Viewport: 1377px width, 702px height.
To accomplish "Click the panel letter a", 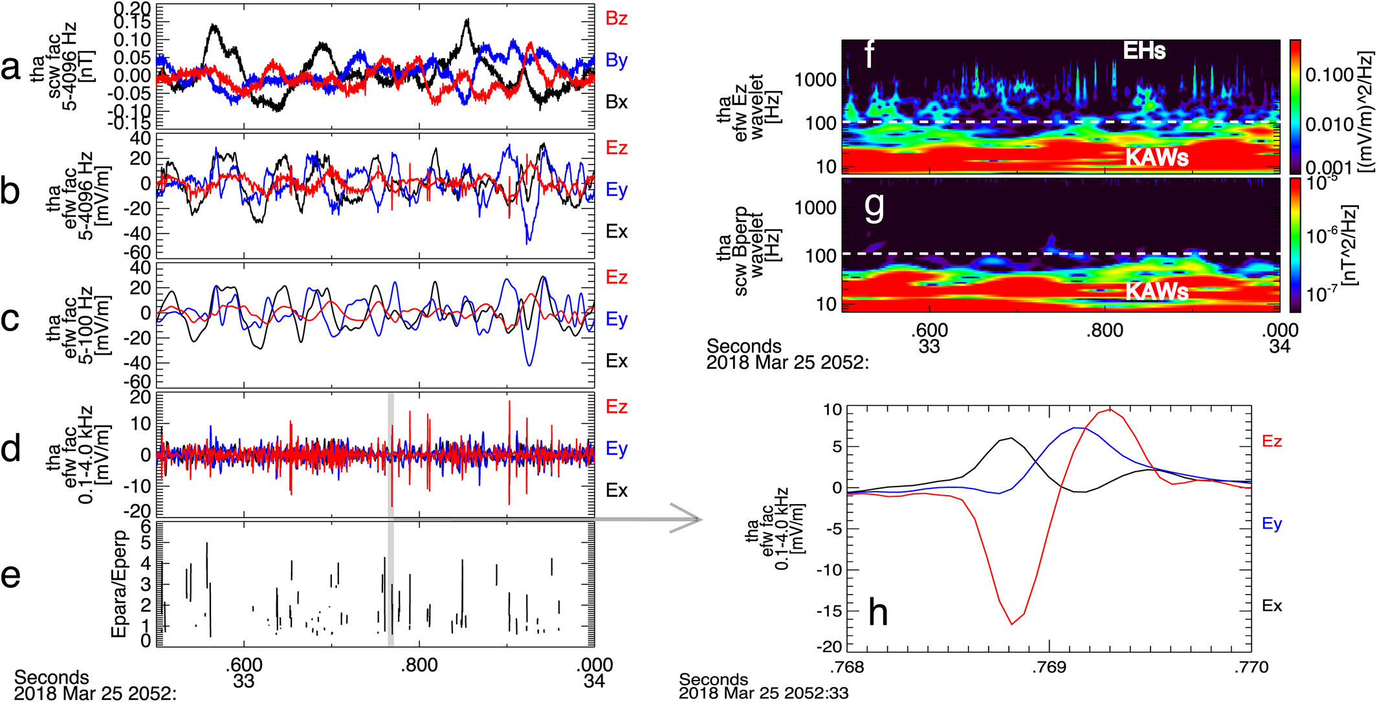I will click(x=11, y=68).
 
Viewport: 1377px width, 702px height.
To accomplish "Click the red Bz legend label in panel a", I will click(x=616, y=19).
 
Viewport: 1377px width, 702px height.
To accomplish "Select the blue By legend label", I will click(x=616, y=61).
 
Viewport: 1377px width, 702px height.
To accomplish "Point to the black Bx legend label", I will click(x=616, y=102).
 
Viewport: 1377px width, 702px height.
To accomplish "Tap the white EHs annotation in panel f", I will click(x=1144, y=50).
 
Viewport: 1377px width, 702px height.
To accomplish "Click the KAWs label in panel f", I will click(x=1157, y=157).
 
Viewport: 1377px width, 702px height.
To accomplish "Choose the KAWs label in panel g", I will click(x=1157, y=291).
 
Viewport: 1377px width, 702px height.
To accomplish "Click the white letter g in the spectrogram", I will click(x=874, y=207).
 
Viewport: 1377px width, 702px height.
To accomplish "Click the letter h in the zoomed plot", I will click(x=877, y=612).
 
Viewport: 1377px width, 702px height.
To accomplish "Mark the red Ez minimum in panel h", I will click(x=1012, y=624).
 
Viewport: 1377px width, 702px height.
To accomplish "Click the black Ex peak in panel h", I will click(x=1011, y=438).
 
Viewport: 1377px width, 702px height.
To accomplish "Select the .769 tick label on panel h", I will click(x=1048, y=667).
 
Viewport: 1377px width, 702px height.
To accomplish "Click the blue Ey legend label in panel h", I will click(x=1272, y=523).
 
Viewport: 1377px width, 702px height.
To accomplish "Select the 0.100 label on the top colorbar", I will click(x=1330, y=76).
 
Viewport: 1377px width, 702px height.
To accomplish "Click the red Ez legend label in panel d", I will click(x=616, y=407).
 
